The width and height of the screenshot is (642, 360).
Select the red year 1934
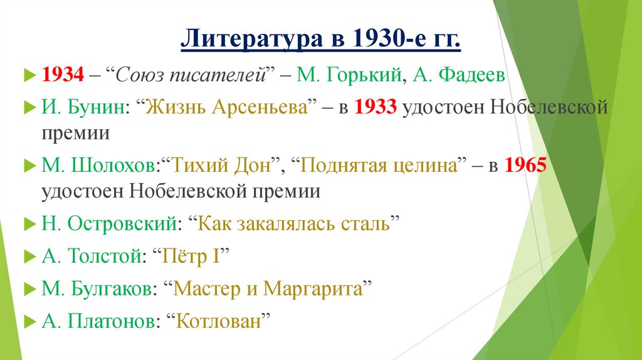63,76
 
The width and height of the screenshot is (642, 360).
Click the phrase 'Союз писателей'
191,76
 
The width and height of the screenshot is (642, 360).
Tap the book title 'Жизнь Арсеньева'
228,108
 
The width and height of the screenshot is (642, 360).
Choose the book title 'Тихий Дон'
222,166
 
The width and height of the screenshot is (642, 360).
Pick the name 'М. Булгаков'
98,289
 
